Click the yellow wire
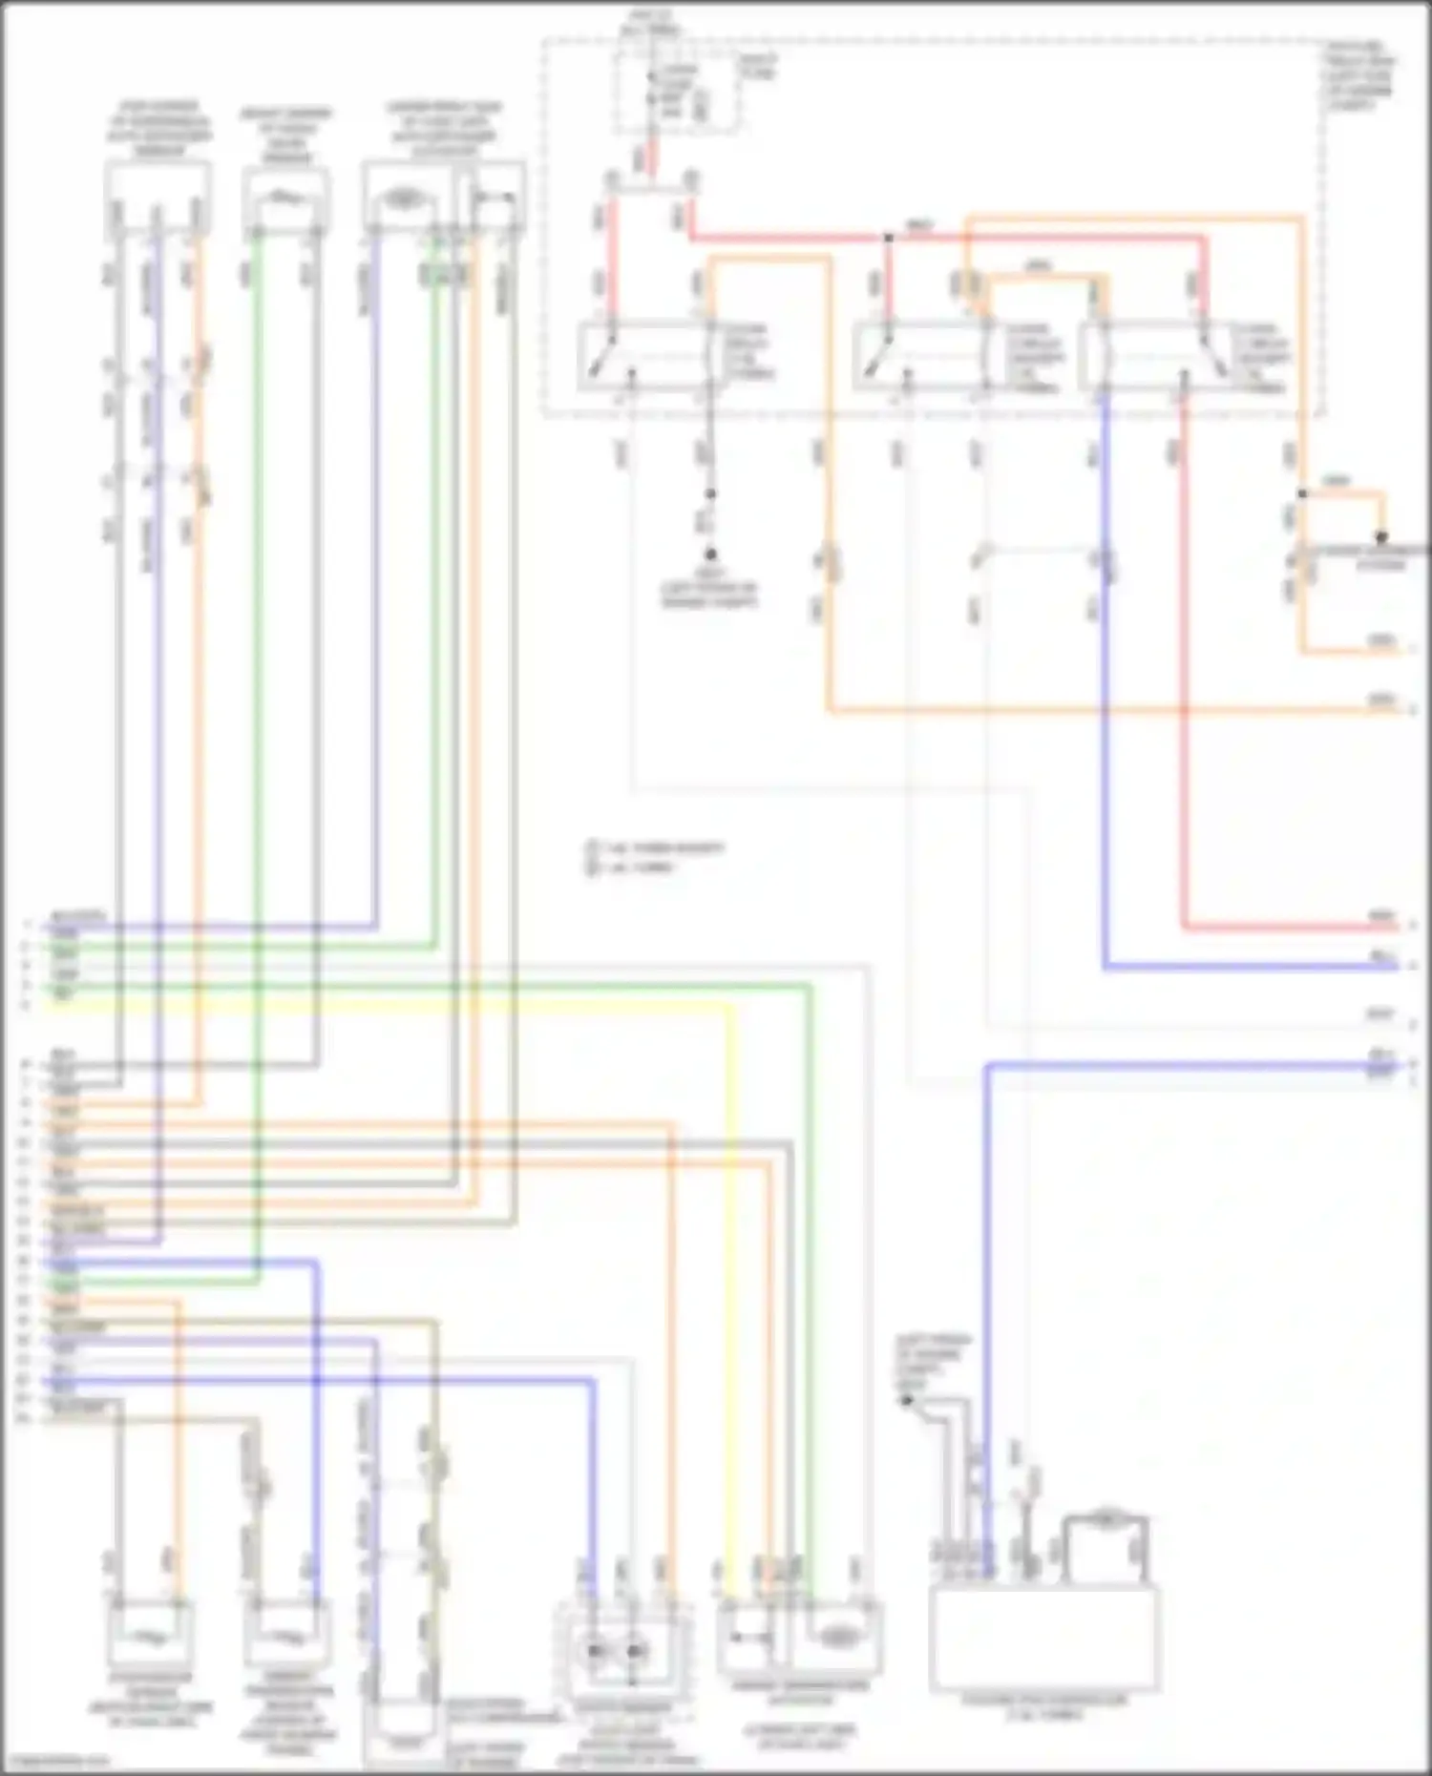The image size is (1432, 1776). point(731,1241)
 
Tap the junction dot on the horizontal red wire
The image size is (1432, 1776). point(888,237)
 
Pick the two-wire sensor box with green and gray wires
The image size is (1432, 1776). point(285,198)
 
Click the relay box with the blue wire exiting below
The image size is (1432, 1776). point(1184,358)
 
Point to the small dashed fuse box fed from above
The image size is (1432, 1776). point(676,92)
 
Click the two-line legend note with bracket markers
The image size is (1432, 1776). point(655,857)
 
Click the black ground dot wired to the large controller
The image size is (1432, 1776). point(907,1401)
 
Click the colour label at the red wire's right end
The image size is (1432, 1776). point(1382,917)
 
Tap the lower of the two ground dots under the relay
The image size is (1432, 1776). point(710,554)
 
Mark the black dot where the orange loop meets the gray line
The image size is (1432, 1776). point(1380,537)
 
